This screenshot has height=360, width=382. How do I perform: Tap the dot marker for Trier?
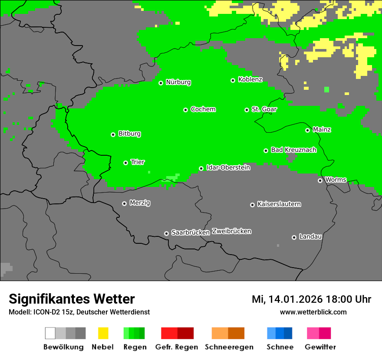pos(125,163)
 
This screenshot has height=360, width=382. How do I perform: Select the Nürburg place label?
pos(178,82)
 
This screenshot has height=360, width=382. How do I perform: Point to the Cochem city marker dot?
pos(185,110)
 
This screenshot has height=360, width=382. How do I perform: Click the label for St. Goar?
pos(264,109)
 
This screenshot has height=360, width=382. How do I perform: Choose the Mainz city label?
pos(322,130)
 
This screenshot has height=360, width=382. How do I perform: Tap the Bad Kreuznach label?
pos(293,150)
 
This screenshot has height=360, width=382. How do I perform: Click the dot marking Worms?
pos(320,180)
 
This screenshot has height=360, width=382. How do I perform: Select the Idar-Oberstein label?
pos(228,168)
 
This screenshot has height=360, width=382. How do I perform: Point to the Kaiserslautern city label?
pos(279,204)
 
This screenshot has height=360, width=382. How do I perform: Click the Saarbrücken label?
pos(190,233)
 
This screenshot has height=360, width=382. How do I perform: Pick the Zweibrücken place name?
pos(231,232)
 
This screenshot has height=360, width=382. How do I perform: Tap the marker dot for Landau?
pos(294,237)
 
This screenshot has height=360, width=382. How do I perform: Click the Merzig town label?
pos(140,203)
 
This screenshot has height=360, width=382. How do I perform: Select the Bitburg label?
pos(129,134)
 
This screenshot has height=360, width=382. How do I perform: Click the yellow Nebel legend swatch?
pos(103,333)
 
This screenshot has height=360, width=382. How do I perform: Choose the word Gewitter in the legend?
pos(320,347)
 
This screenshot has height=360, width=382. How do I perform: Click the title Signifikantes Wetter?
pos(72,299)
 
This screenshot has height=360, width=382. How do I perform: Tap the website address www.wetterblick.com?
pos(313,312)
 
